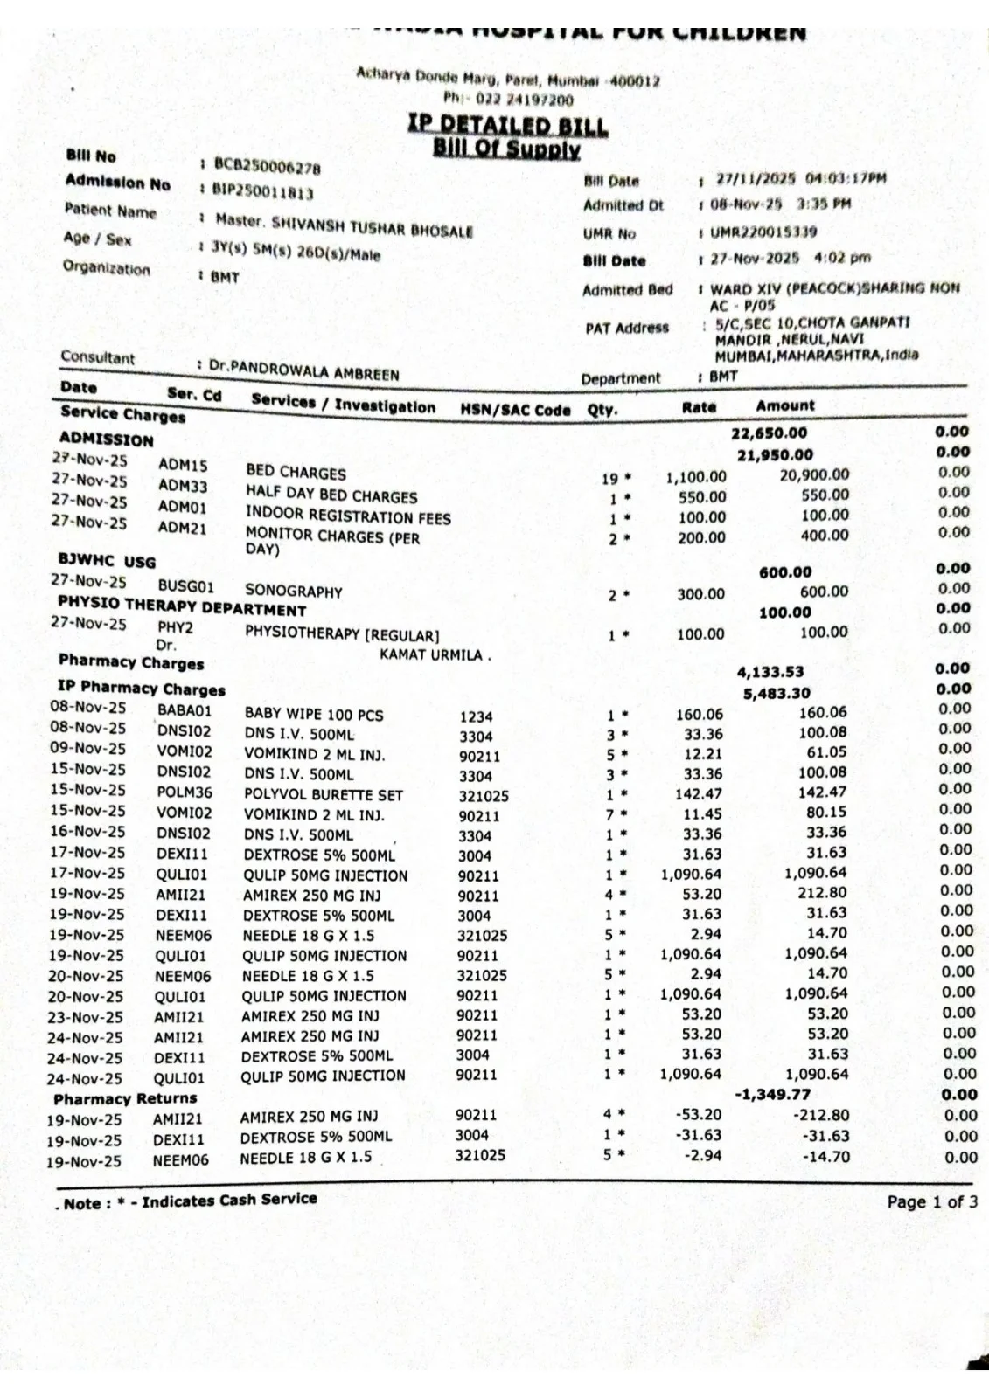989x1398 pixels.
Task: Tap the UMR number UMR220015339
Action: (763, 232)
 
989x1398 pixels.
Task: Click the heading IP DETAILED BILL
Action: (507, 126)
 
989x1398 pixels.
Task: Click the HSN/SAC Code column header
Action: (515, 410)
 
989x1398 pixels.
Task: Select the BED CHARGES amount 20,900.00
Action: (813, 474)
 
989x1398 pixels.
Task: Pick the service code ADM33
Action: (183, 486)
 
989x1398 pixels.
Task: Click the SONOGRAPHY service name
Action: (293, 592)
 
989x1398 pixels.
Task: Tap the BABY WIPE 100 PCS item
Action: (314, 715)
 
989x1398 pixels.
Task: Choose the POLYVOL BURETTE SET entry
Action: (323, 795)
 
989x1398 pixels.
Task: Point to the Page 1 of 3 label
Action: (932, 1202)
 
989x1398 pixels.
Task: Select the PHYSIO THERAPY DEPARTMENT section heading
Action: (182, 606)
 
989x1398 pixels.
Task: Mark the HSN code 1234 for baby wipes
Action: (476, 717)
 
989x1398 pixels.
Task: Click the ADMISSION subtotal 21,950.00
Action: (775, 454)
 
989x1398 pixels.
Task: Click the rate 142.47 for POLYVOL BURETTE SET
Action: (700, 793)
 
